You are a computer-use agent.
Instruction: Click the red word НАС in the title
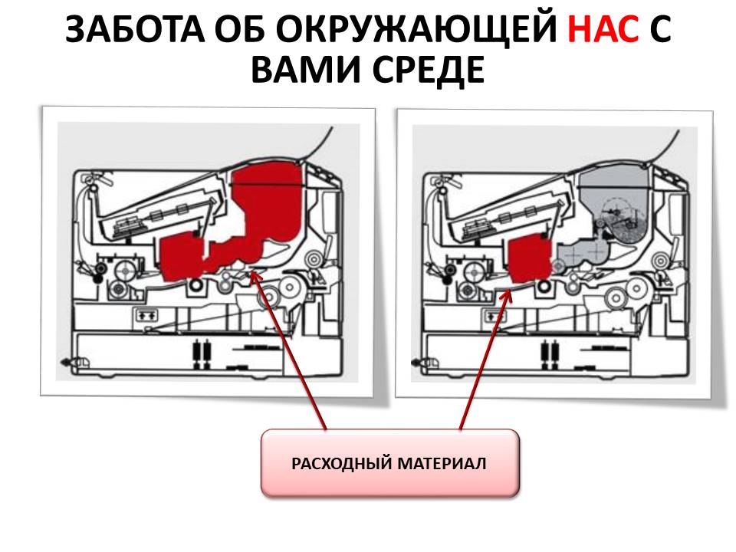pos(603,29)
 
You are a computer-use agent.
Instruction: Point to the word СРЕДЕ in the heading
pos(429,71)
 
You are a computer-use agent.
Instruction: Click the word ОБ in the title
pos(240,29)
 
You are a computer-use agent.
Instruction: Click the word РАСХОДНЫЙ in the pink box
pos(341,463)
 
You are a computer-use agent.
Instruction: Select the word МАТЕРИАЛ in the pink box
pos(442,463)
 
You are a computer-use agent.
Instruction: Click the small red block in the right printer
pos(531,260)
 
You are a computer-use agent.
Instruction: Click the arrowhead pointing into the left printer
pos(255,277)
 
